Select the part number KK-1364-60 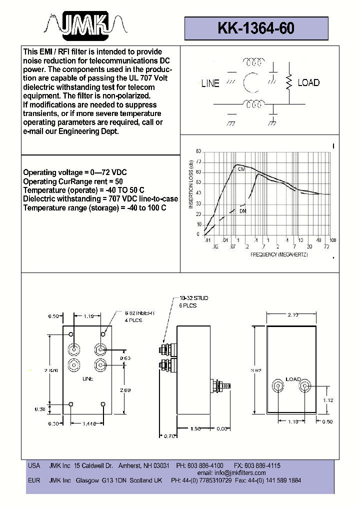256,29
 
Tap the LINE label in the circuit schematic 210,83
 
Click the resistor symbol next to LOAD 288,82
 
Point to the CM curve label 241,169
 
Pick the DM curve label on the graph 242,211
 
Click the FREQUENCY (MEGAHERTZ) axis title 279,254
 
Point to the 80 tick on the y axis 198,151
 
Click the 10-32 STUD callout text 193,298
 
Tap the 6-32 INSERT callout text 140,312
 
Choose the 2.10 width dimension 293,314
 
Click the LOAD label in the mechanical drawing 293,378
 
